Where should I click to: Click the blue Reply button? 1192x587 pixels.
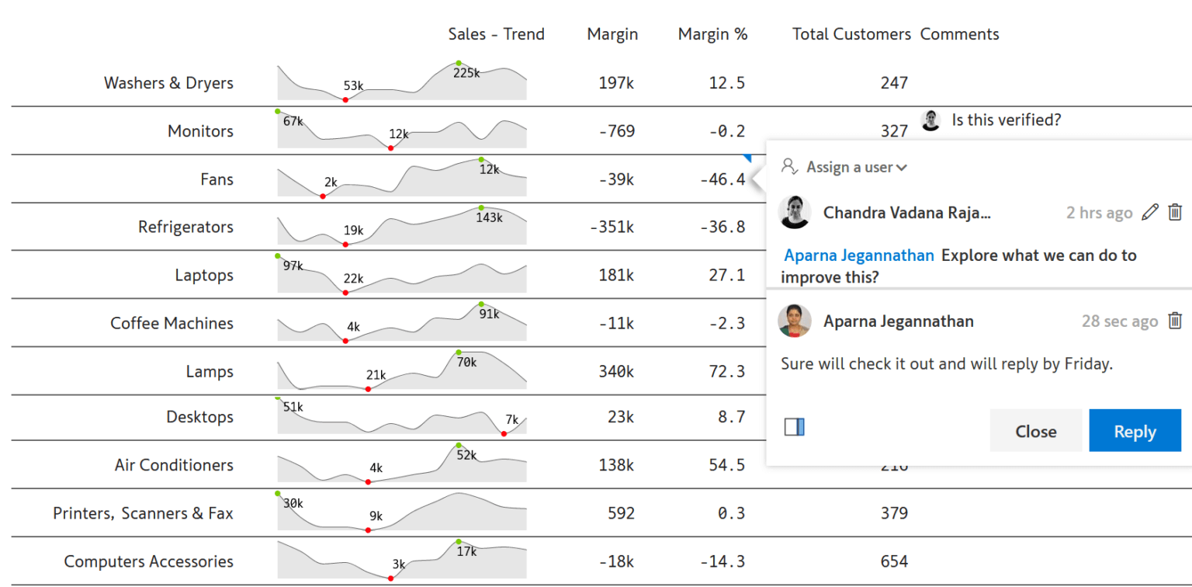1135,431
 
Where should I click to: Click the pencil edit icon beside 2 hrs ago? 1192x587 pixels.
1150,212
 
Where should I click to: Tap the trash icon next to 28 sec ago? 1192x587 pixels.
1175,321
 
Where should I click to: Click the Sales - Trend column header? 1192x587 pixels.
496,34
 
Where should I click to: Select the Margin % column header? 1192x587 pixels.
712,34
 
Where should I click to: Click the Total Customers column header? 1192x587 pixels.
851,34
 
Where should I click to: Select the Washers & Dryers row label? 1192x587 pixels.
168,83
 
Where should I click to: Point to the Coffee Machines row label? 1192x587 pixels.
172,324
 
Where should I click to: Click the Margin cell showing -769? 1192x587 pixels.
617,131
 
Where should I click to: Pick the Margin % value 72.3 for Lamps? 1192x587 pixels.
726,372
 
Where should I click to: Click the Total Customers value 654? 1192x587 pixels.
894,561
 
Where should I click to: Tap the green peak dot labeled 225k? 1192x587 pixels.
459,63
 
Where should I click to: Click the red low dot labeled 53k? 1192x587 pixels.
345,99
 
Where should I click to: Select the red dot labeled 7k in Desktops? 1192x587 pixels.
504,433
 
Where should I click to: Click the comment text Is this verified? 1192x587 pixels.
1006,120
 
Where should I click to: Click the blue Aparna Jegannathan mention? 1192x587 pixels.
859,255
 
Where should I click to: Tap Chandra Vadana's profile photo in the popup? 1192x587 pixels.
795,212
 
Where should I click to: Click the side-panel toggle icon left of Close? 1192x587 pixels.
794,426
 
